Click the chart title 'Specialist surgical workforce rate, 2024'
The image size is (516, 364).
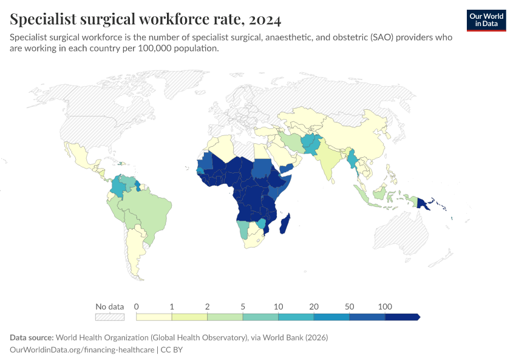tap(146, 19)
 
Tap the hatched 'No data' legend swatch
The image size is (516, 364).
tap(109, 317)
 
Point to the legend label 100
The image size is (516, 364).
tap(385, 306)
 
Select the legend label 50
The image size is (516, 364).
tap(350, 306)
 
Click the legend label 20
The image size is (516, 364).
tap(314, 306)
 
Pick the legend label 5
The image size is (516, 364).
tap(243, 306)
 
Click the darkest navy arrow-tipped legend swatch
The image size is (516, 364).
tap(402, 317)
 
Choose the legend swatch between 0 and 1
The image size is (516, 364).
tap(154, 317)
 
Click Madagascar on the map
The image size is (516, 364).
tap(284, 223)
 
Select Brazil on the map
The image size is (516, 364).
tap(152, 209)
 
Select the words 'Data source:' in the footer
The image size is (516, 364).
tap(32, 337)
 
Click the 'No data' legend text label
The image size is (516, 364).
tap(109, 306)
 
